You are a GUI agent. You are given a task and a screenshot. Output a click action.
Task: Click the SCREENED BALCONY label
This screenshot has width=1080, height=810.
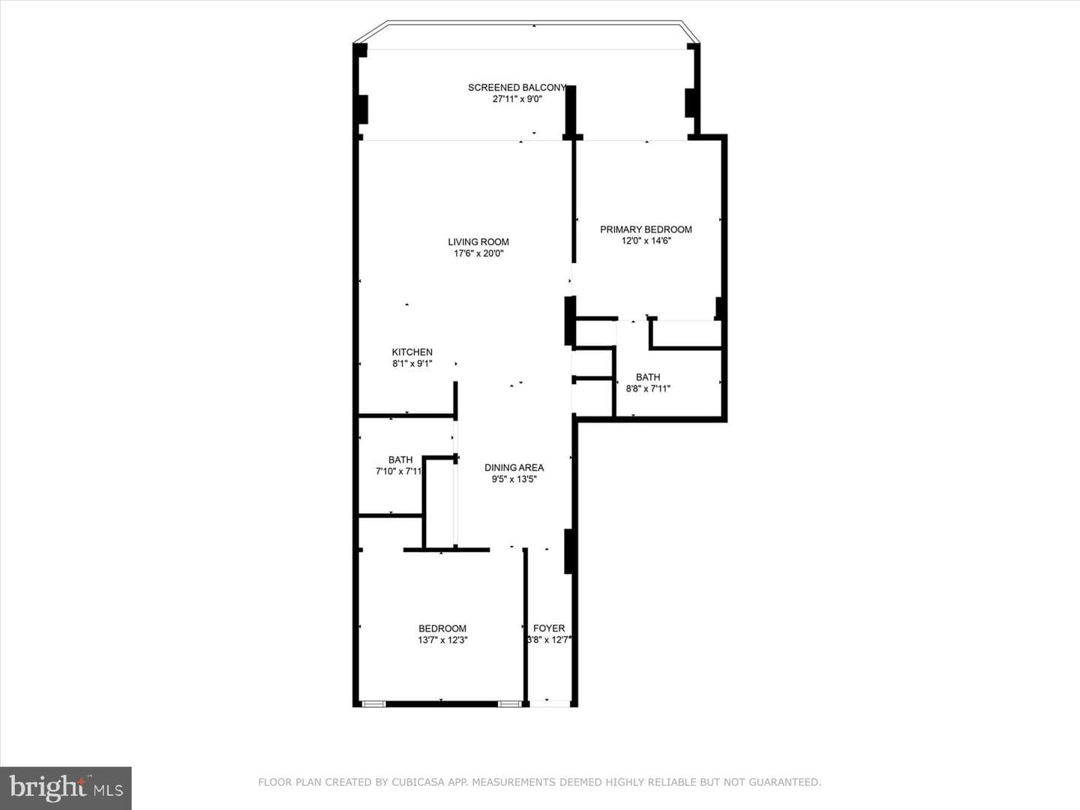(x=517, y=88)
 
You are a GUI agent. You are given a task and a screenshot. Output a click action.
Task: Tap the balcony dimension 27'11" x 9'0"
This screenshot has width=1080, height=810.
(x=517, y=99)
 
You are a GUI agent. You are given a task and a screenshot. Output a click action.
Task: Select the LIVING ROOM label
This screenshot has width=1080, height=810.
(x=478, y=242)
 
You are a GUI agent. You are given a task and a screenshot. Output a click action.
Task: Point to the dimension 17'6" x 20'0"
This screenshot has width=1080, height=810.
(x=478, y=253)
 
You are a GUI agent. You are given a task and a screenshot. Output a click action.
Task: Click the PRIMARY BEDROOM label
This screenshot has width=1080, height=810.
(x=646, y=229)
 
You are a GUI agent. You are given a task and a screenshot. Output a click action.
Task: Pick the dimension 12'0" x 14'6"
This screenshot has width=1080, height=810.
(x=646, y=241)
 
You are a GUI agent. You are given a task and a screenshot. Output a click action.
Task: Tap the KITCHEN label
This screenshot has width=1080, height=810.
(x=412, y=352)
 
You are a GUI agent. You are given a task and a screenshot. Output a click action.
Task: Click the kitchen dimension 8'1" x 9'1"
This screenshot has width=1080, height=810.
(x=412, y=364)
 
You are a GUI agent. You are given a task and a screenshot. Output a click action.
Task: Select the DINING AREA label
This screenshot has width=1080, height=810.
(x=514, y=468)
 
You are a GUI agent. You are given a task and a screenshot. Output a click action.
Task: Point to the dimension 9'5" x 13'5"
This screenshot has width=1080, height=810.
(x=514, y=479)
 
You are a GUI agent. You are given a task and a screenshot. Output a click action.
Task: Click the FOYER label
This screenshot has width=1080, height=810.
(x=549, y=628)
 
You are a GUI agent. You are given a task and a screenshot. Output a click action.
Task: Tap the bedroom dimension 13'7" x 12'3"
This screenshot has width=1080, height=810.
(x=442, y=640)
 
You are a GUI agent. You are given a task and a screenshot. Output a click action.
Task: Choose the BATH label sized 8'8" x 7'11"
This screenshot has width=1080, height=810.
(x=648, y=377)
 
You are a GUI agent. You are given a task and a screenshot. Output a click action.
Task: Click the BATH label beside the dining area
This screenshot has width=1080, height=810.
(x=400, y=460)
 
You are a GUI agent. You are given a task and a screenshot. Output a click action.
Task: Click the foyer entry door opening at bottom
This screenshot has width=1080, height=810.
(x=550, y=703)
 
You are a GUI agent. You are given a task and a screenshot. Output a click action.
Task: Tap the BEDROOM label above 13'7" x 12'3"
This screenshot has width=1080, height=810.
(x=442, y=628)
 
